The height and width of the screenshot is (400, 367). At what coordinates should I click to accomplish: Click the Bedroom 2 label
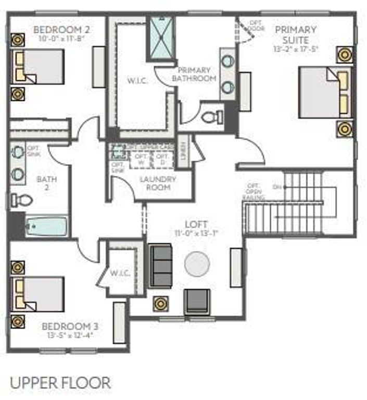point(58,29)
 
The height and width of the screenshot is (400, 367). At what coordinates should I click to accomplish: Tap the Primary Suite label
point(296,34)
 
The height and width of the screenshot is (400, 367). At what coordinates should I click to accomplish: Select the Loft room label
point(199,224)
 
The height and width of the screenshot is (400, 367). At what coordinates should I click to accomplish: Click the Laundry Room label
point(158,183)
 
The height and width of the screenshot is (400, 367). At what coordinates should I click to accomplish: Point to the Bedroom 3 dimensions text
point(70,335)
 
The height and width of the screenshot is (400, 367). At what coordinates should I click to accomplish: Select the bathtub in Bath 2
point(46,227)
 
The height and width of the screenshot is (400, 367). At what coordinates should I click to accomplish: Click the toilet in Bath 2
point(22,200)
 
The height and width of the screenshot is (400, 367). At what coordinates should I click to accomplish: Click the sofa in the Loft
point(160,266)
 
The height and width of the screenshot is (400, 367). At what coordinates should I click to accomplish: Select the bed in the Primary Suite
point(324,92)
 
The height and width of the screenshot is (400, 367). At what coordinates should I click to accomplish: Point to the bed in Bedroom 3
point(40,294)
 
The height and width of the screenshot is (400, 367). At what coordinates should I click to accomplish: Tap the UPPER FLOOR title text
point(60,383)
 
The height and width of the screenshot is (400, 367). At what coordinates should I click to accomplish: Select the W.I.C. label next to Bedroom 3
point(120,272)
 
